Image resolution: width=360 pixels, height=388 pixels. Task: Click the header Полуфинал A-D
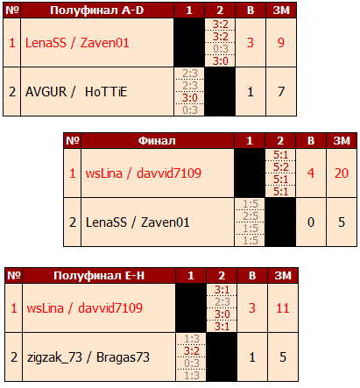pos(97,11)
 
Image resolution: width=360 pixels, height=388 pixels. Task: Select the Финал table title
pos(157,141)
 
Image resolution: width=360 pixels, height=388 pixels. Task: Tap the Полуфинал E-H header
pos(99,276)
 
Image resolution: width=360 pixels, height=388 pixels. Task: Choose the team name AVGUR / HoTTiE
pos(76,92)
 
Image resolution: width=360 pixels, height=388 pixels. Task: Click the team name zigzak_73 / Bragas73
pos(88,357)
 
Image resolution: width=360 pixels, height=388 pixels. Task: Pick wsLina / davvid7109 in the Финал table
pos(144,173)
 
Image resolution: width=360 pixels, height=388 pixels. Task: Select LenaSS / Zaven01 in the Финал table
pos(138,222)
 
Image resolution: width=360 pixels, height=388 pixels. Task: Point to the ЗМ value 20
pos(342,173)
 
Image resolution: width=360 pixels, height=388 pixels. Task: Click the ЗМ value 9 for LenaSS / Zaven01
pos(281,43)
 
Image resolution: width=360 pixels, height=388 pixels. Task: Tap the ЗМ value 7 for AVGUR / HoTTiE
pos(281,92)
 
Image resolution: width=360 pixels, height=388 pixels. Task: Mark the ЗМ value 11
pos(283,308)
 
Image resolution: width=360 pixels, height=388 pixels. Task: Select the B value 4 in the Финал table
pos(311,173)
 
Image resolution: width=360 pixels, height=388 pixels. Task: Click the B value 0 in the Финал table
pos(311,222)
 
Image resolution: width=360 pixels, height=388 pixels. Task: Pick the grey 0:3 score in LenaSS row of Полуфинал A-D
pos(221,49)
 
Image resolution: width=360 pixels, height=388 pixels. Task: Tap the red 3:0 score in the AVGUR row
pos(190,98)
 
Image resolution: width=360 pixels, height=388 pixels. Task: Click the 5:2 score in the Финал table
pos(281,167)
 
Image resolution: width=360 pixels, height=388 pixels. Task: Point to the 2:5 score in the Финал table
pos(251,216)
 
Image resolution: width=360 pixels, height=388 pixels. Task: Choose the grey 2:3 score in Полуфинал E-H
pos(222,302)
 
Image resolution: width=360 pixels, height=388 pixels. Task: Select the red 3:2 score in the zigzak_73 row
pos(192,351)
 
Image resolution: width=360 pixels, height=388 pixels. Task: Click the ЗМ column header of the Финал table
pos(342,141)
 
